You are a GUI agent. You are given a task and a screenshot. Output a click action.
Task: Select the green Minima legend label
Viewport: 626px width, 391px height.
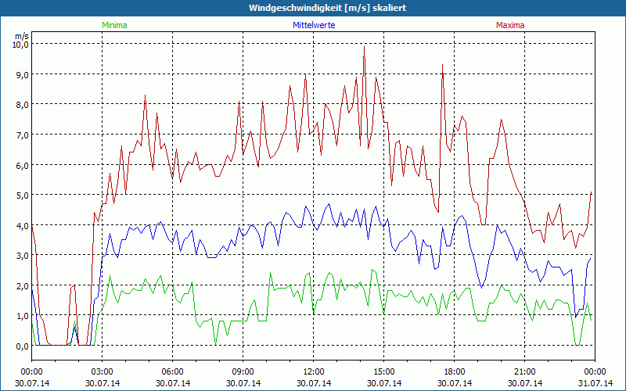113,25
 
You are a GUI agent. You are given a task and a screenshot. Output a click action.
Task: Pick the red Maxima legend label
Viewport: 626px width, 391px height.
510,25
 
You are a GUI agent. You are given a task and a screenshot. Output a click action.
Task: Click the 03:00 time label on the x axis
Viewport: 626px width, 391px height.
103,371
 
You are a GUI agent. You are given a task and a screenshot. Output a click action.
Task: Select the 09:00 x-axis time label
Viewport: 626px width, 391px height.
243,371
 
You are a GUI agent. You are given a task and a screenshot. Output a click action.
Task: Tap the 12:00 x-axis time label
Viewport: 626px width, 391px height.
314,371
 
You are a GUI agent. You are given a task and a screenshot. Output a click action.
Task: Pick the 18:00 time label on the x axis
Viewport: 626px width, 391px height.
455,371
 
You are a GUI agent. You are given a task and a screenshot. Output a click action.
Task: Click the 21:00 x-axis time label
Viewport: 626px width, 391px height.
525,371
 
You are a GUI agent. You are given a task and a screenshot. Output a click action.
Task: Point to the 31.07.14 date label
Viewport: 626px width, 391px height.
595,383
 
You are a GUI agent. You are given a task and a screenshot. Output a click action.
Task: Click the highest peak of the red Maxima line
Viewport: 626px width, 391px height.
364,47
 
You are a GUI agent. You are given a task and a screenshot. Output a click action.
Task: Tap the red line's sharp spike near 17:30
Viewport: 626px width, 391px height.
443,65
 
